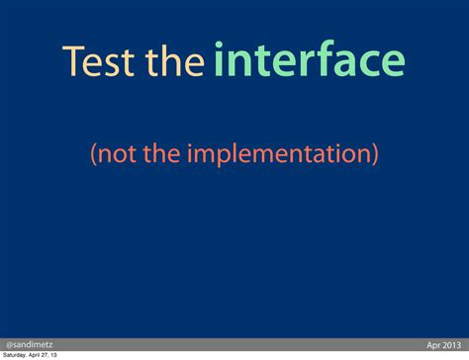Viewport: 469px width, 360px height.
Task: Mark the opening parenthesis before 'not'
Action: (x=93, y=155)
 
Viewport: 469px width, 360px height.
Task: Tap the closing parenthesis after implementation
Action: (x=375, y=155)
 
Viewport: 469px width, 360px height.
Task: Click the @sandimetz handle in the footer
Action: (x=30, y=344)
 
